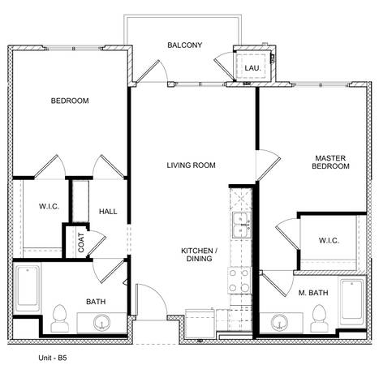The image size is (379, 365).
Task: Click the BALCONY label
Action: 185,45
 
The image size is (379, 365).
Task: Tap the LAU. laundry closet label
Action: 252,68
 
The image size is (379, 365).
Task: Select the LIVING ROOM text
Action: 191,165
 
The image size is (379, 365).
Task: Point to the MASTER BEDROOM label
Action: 330,162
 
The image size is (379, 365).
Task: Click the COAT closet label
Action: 81,243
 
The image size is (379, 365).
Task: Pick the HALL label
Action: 108,212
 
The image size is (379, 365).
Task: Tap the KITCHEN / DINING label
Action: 199,255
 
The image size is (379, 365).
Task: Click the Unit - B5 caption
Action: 53,358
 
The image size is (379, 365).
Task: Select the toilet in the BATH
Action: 60,319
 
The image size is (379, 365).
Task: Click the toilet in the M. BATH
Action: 319,319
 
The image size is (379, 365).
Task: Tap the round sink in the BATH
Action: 101,323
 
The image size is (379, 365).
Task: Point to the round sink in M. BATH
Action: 280,322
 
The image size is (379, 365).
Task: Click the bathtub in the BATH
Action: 28,288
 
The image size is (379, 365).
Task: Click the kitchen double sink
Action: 241,225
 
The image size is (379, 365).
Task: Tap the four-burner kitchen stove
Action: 239,281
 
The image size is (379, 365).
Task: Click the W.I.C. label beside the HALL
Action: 50,207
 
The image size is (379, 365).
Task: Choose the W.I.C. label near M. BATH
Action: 329,241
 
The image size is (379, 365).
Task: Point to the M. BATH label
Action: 313,293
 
